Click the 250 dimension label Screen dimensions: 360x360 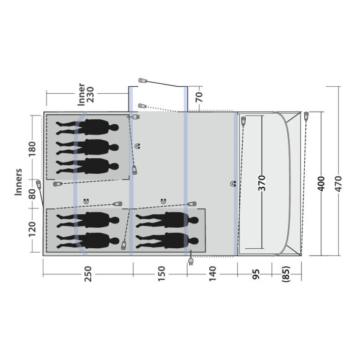pos(88,274)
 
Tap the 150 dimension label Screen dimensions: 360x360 pos(161,273)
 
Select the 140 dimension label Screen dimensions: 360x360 pos(213,273)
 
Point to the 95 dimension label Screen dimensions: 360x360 pos(256,274)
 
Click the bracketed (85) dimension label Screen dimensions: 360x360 pos(286,274)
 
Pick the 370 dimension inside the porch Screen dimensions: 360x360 pos(262,183)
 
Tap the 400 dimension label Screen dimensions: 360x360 pos(321,184)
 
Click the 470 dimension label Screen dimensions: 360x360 pos(338,184)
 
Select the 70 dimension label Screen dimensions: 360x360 pos(199,97)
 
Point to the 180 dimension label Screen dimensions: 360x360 pos(32,149)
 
